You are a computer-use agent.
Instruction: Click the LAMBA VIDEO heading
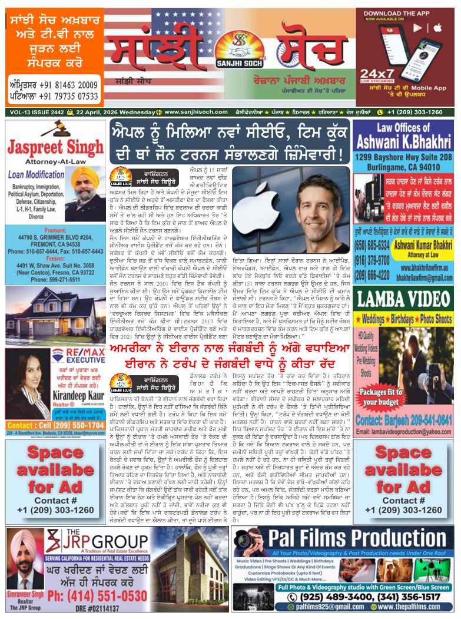404,299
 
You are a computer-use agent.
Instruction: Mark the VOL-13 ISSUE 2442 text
36,112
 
